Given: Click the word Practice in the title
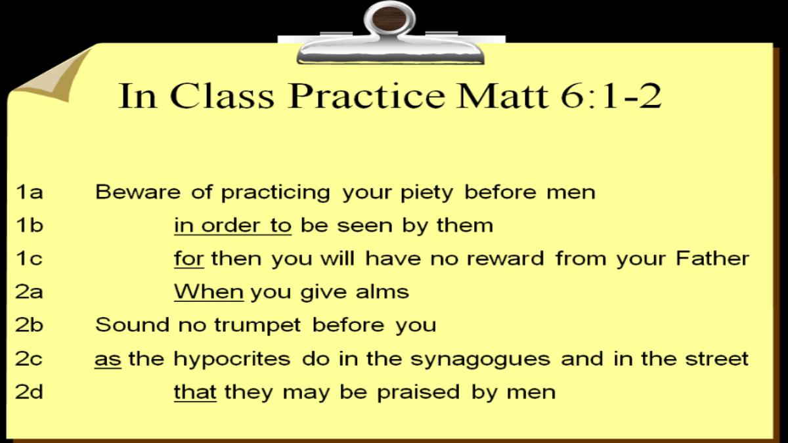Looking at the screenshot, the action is pyautogui.click(x=366, y=96).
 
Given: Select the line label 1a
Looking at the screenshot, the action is pyautogui.click(x=29, y=192).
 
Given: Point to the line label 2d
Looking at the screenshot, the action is pyautogui.click(x=29, y=392).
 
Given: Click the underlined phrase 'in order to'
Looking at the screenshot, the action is pyautogui.click(x=232, y=225).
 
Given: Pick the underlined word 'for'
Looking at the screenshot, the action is pyautogui.click(x=189, y=259).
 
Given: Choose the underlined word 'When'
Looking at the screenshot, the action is pyautogui.click(x=209, y=292).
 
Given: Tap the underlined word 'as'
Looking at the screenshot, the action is pyautogui.click(x=108, y=360).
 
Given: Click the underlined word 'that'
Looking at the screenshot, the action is pyautogui.click(x=195, y=392).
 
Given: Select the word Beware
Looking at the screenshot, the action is pyautogui.click(x=138, y=192).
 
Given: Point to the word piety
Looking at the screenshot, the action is pyautogui.click(x=427, y=194).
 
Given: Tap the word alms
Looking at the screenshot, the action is pyautogui.click(x=382, y=292).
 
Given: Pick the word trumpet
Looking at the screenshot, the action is pyautogui.click(x=257, y=326).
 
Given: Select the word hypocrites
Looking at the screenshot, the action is pyautogui.click(x=232, y=360).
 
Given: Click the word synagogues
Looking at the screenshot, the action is pyautogui.click(x=480, y=360).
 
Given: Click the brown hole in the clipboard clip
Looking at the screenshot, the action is pyautogui.click(x=389, y=18).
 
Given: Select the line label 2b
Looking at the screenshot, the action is pyautogui.click(x=29, y=326).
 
